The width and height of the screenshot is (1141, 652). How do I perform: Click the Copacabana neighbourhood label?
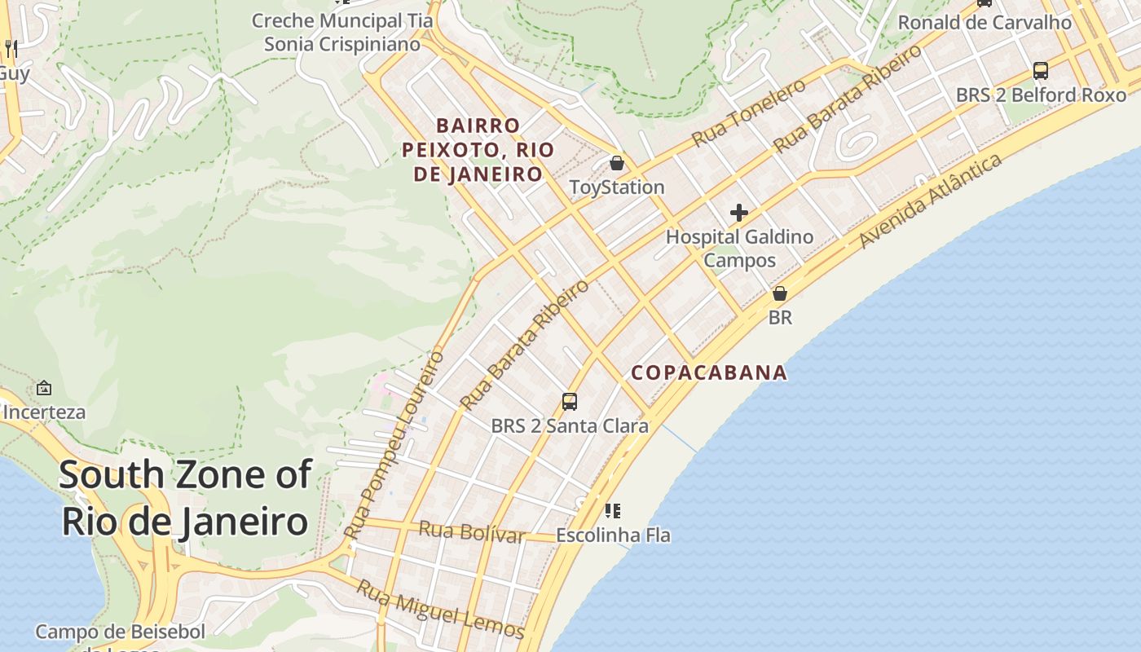(709, 372)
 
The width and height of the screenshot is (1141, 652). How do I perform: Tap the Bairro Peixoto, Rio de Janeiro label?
(478, 150)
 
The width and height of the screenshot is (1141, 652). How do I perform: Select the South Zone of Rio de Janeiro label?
(186, 497)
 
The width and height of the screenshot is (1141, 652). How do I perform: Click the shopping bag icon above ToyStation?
(617, 163)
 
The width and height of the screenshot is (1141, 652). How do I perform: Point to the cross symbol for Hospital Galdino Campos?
(739, 213)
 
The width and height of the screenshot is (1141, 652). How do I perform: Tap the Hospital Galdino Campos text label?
(739, 249)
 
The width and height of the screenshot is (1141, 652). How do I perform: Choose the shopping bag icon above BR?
(780, 293)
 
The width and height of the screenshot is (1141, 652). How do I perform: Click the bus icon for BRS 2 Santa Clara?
(570, 401)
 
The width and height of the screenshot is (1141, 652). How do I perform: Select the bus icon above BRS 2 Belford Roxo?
(1041, 70)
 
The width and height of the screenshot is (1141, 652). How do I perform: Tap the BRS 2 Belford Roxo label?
(1041, 95)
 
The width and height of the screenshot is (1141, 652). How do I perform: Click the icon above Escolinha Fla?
(613, 511)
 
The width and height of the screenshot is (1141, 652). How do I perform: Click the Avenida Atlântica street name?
(931, 200)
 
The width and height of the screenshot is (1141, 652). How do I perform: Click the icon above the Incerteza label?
(44, 388)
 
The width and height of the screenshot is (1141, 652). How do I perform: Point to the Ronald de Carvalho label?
(985, 23)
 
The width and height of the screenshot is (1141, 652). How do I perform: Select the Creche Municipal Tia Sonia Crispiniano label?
(337, 32)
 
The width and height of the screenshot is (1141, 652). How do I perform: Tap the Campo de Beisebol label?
(120, 632)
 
